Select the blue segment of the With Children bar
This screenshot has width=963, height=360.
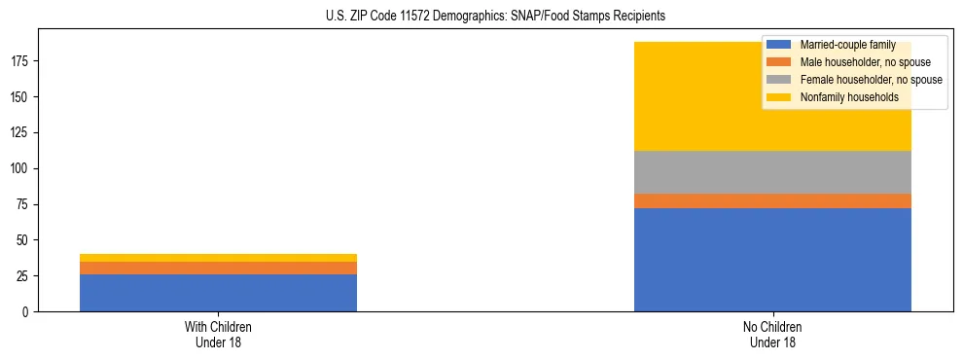pyautogui.click(x=218, y=293)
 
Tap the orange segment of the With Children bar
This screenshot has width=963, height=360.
pyautogui.click(x=218, y=268)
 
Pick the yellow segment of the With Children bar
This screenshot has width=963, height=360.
pyautogui.click(x=218, y=258)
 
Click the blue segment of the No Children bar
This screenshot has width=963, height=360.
pyautogui.click(x=772, y=260)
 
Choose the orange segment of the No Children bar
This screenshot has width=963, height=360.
pyautogui.click(x=772, y=201)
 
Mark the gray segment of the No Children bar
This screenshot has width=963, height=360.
pyautogui.click(x=772, y=172)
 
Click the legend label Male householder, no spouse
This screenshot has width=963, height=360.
pyautogui.click(x=858, y=62)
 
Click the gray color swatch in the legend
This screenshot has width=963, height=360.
pyautogui.click(x=779, y=80)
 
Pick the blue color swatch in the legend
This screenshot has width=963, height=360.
pyautogui.click(x=779, y=45)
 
